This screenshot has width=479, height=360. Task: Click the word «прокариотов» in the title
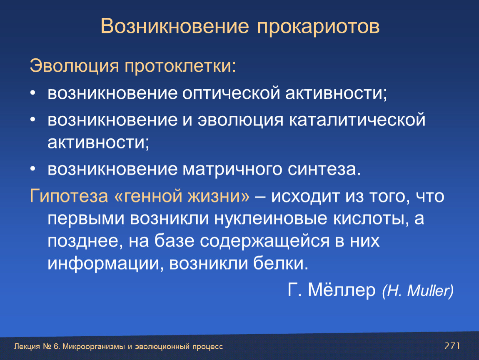[318, 27]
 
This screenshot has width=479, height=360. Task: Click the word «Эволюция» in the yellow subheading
[74, 66]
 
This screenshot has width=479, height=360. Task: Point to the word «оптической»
[231, 93]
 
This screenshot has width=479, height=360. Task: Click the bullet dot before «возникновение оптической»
[33, 93]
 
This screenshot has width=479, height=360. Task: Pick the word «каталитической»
[357, 120]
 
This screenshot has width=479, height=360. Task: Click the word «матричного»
[232, 170]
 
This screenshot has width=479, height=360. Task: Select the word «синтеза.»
[324, 170]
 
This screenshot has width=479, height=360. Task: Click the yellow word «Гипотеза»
[69, 196]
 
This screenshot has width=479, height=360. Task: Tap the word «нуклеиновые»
[270, 219]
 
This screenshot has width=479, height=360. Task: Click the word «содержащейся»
[265, 241]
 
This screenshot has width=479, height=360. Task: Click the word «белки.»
[281, 263]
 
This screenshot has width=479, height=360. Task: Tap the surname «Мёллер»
[342, 290]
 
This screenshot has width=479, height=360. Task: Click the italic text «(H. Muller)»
[418, 291]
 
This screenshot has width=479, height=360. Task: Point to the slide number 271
[452, 346]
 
